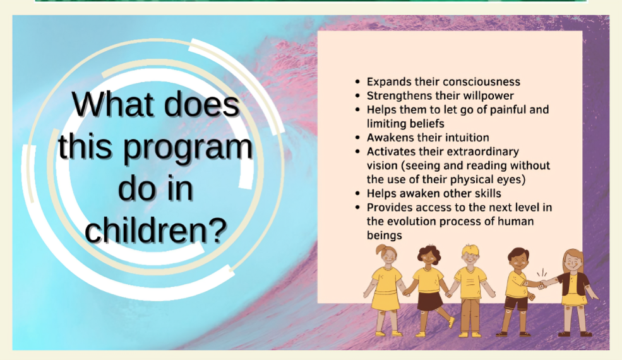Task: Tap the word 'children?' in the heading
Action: [x=155, y=230]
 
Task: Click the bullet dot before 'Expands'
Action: [x=358, y=81]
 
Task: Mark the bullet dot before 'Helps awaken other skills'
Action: [x=358, y=194]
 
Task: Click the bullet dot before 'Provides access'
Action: [x=358, y=208]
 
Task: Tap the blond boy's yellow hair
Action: [x=471, y=251]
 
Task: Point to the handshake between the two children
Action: [x=542, y=284]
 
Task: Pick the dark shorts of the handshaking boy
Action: [x=516, y=303]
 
